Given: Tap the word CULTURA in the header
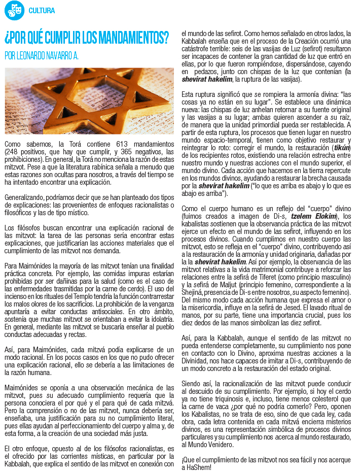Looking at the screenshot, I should [42, 11].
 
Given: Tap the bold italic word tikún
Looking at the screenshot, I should [341, 147].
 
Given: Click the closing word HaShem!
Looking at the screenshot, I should [195, 467].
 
